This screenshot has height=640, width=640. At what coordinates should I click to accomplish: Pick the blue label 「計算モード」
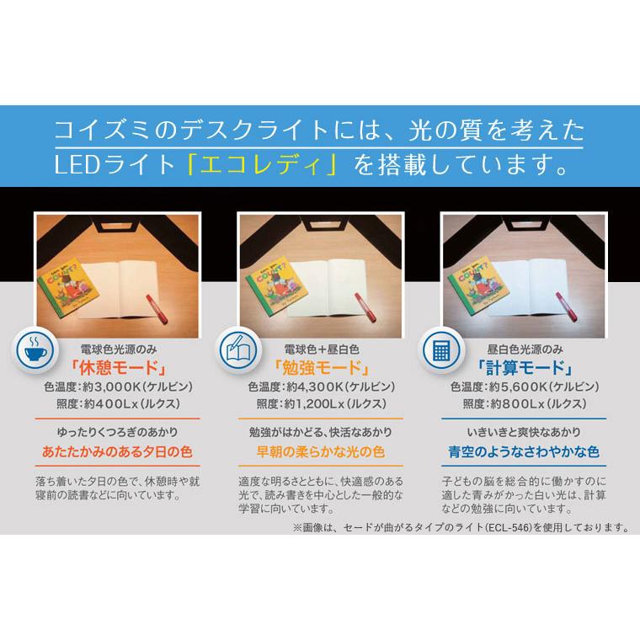[x=522, y=367]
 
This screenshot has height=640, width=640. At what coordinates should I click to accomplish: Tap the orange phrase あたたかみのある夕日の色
[x=118, y=452]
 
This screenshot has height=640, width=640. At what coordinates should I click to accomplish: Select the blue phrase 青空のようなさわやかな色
[x=522, y=452]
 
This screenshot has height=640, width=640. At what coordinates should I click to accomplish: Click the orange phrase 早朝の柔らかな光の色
[x=320, y=452]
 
